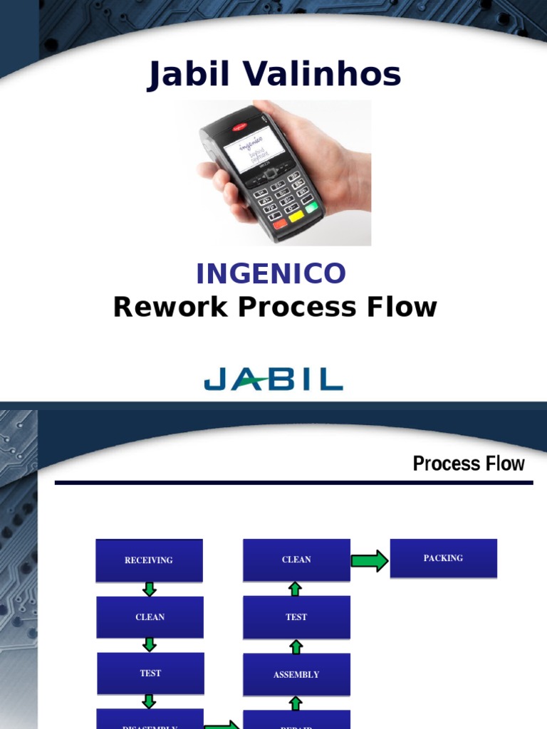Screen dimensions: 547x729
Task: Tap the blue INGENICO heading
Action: pos(271,273)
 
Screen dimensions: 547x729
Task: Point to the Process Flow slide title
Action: pos(468,464)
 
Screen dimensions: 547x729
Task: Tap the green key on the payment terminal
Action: pos(311,206)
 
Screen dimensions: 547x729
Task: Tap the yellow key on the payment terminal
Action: pos(295,214)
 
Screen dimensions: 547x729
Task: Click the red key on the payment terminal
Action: pos(280,224)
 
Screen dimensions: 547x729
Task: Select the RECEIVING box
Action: pos(149,560)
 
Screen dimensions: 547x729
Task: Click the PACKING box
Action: pos(443,558)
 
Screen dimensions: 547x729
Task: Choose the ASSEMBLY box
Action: pos(296,674)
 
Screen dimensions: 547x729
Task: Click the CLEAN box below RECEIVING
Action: pos(150,617)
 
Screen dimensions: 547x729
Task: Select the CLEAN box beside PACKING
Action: pos(296,560)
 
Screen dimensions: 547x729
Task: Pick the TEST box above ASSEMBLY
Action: pos(296,617)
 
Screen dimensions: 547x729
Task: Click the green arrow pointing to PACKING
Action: pos(370,560)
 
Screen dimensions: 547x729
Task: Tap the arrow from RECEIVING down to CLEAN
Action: pos(150,589)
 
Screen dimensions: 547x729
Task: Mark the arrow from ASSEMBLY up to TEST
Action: pos(296,646)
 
